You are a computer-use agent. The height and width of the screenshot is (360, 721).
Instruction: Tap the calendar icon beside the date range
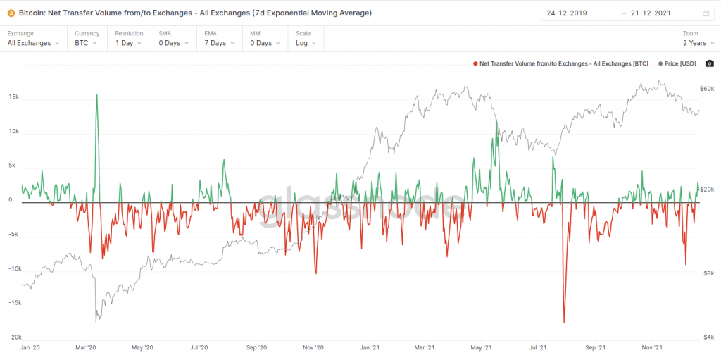pyautogui.click(x=706, y=13)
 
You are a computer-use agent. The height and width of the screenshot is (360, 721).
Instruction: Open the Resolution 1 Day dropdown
pyautogui.click(x=129, y=43)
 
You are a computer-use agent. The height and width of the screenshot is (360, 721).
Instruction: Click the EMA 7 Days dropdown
pyautogui.click(x=219, y=43)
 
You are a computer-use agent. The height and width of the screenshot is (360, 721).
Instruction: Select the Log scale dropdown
pyautogui.click(x=306, y=43)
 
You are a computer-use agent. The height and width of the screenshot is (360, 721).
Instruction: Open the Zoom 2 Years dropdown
pyautogui.click(x=698, y=43)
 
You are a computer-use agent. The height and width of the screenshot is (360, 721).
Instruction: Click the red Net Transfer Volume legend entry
pyautogui.click(x=561, y=63)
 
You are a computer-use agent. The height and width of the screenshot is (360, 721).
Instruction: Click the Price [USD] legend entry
pyautogui.click(x=677, y=63)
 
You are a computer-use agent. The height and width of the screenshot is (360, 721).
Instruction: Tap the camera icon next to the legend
pyautogui.click(x=709, y=63)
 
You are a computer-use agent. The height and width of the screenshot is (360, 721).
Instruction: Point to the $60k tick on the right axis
pyautogui.click(x=706, y=89)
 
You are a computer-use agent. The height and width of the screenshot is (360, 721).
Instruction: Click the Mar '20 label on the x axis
pyautogui.click(x=85, y=347)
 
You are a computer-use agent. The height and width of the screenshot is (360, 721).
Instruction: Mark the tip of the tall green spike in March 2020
pyautogui.click(x=96, y=95)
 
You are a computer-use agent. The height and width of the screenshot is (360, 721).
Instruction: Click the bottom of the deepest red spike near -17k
pyautogui.click(x=564, y=323)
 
